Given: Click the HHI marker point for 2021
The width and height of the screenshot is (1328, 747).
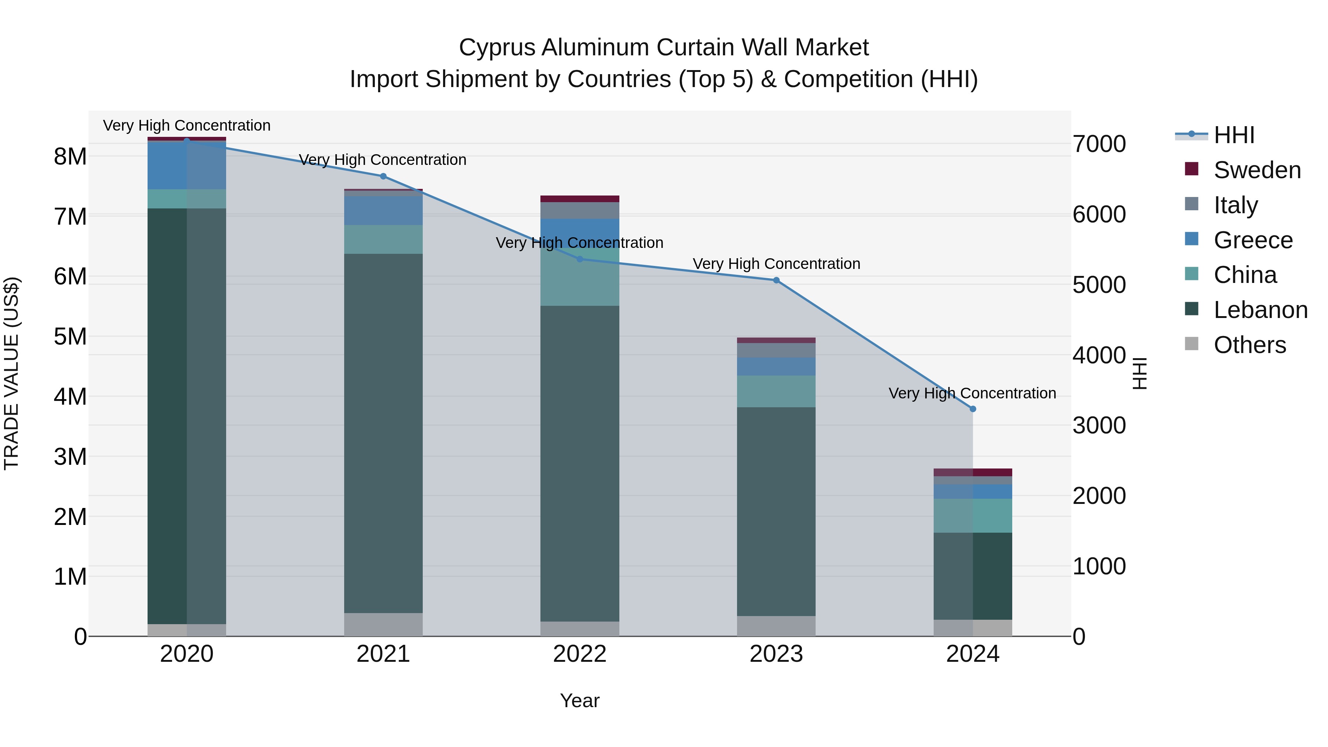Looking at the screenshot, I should (383, 176).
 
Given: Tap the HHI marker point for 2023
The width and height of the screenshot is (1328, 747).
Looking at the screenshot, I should (777, 280).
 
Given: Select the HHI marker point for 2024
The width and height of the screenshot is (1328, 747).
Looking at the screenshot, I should (973, 409).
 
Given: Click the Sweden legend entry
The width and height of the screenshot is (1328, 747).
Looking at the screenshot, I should (1257, 170).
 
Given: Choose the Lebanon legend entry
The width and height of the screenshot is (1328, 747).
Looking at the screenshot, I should (1260, 310).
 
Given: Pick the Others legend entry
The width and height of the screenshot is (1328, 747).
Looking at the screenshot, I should (1250, 345).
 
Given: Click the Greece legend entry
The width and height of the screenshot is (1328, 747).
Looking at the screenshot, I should (1253, 240).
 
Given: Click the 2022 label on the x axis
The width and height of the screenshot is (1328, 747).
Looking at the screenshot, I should (580, 654).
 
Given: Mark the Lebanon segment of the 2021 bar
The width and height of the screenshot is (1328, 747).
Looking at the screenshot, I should (383, 433).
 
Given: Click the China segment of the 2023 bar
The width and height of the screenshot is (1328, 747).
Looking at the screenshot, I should (777, 391).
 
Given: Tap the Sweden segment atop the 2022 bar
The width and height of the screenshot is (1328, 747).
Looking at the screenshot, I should (580, 199).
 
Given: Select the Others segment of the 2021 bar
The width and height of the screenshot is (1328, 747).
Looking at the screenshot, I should (383, 624).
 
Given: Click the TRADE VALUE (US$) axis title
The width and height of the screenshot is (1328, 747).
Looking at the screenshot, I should (11, 373).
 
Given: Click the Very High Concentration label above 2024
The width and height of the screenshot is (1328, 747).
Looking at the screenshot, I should (972, 393).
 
